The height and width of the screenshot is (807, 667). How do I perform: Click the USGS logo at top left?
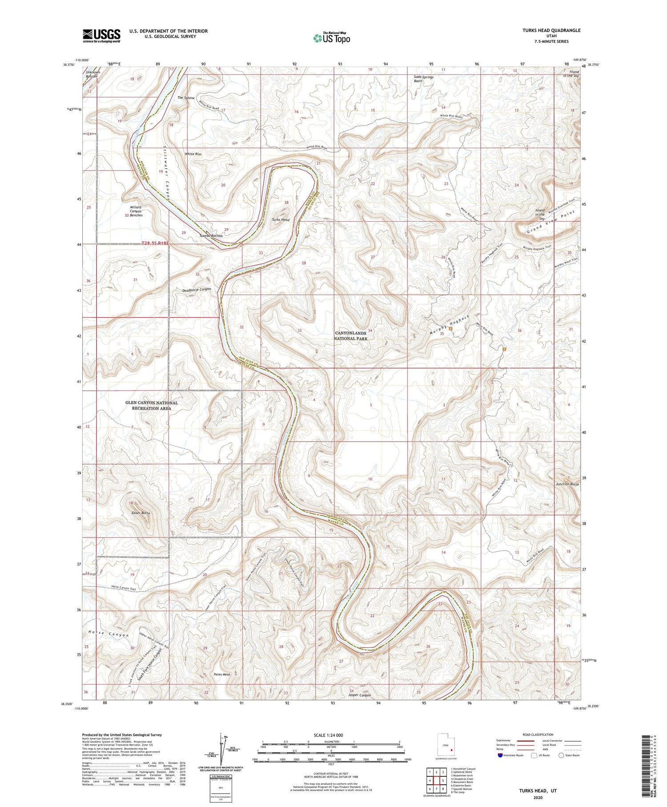[x=101, y=36]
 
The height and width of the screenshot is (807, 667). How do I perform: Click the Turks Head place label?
[x=281, y=220]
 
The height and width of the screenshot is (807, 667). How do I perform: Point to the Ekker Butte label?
[x=141, y=513]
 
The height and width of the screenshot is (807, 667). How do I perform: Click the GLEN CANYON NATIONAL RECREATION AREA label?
[x=151, y=405]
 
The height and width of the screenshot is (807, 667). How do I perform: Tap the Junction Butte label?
[x=567, y=484]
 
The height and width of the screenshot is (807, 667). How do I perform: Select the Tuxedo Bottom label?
[x=211, y=235]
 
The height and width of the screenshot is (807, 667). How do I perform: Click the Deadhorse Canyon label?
[x=197, y=289]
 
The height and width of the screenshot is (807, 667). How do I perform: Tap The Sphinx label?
[x=186, y=97]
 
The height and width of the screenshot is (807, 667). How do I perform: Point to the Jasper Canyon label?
[x=359, y=695]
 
